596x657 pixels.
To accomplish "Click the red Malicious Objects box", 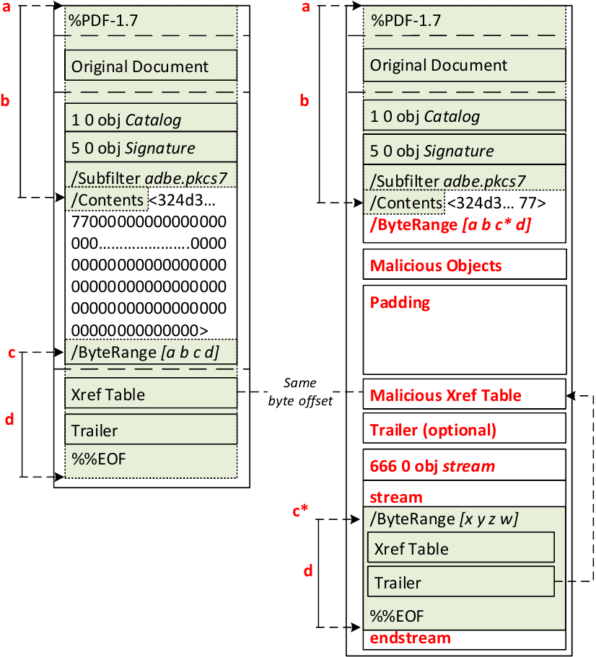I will pyautogui.click(x=465, y=265).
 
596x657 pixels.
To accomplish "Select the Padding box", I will pyautogui.click(x=465, y=328).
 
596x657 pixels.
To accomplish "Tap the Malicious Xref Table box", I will pyautogui.click(x=465, y=394).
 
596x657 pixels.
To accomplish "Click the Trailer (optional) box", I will pyautogui.click(x=465, y=430).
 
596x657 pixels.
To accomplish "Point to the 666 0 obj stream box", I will pyautogui.click(x=465, y=465).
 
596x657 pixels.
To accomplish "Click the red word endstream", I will pyautogui.click(x=410, y=638).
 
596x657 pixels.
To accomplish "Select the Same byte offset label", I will pyautogui.click(x=300, y=392).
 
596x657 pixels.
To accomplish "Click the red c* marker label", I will pyautogui.click(x=301, y=510).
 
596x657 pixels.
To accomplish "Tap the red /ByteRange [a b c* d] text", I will pyautogui.click(x=450, y=224).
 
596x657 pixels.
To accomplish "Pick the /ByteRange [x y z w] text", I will pyautogui.click(x=444, y=518).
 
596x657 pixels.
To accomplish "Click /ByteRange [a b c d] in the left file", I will pyautogui.click(x=144, y=352).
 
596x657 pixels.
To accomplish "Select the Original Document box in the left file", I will pyautogui.click(x=151, y=66).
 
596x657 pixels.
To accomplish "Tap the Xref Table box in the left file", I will pyautogui.click(x=151, y=394).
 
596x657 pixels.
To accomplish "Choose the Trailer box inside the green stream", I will pyautogui.click(x=461, y=582).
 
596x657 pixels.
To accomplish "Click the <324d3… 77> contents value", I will pyautogui.click(x=496, y=203).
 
